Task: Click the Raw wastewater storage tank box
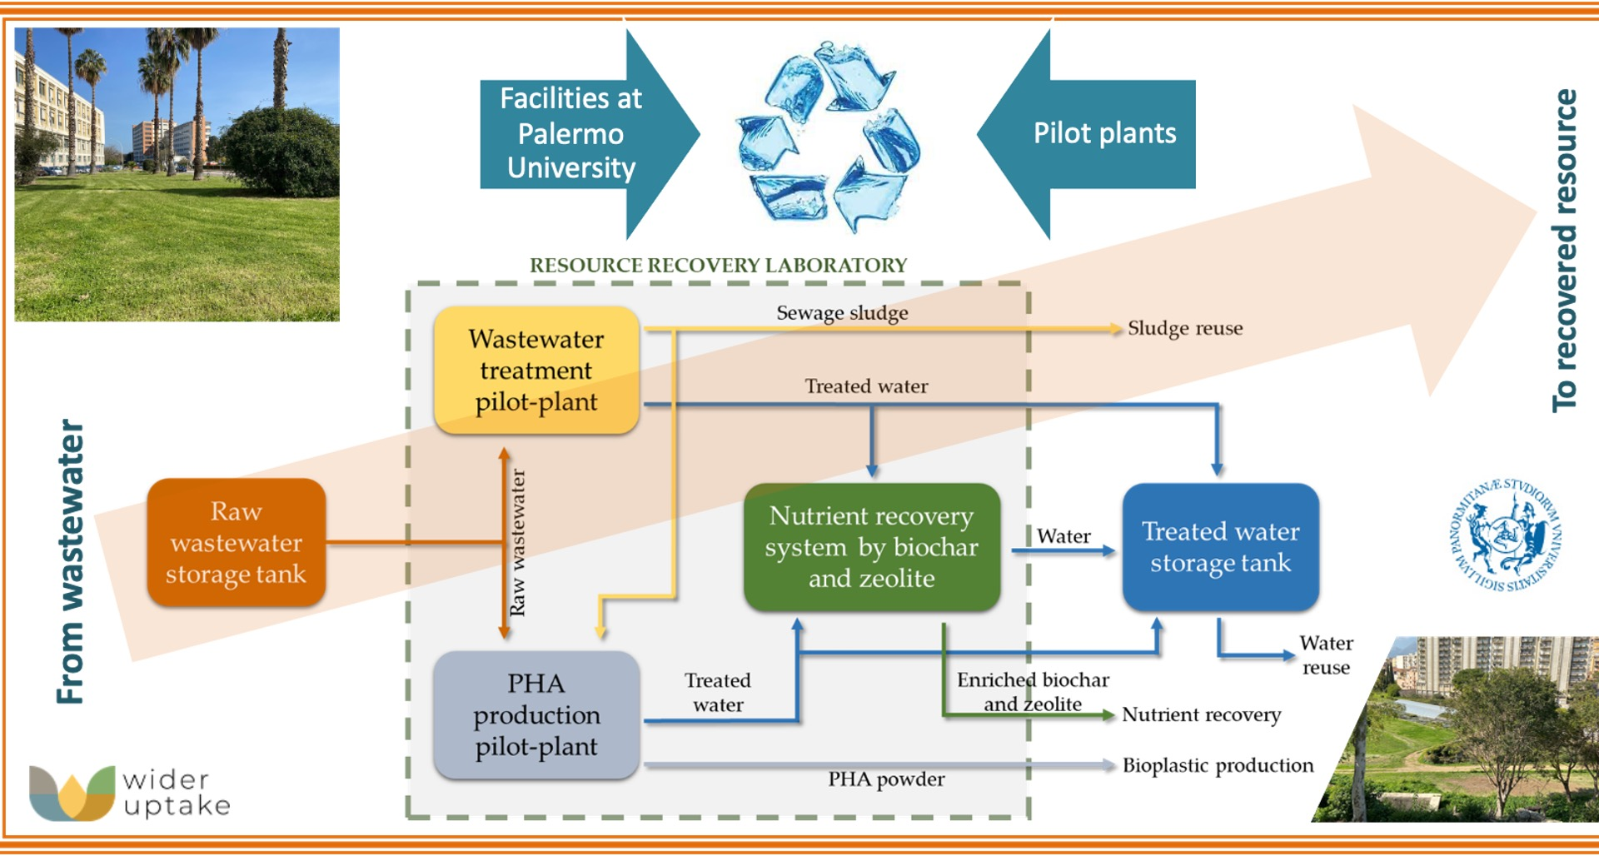coord(236,542)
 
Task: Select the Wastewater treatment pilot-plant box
coord(536,370)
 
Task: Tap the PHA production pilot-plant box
coord(536,714)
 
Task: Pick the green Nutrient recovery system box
coord(871,547)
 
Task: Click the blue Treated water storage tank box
coord(1220,547)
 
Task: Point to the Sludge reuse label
coord(1184,328)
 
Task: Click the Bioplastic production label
coord(1217,765)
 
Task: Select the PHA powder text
coord(886,779)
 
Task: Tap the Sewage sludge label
coord(842,313)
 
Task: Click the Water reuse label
coord(1326,655)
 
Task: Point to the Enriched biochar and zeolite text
coord(1033,692)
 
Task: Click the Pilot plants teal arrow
coord(1091,134)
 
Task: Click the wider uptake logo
coord(129,793)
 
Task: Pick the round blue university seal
coord(1506,535)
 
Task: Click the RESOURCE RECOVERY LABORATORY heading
coord(718,266)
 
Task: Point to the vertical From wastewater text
coord(71,561)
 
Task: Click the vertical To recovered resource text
coord(1565,250)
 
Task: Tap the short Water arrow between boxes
coord(1063,550)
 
